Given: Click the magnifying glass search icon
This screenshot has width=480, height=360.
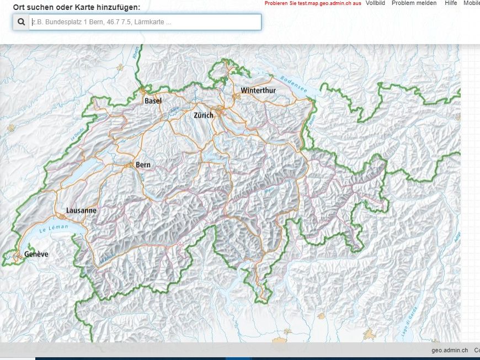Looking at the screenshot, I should (x=21, y=22).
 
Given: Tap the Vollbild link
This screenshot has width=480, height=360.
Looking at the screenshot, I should (x=375, y=3).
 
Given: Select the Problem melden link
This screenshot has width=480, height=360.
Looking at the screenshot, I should (x=414, y=3).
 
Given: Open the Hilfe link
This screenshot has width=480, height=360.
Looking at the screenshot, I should (x=451, y=3).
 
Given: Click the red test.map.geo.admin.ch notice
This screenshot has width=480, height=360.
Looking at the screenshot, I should (x=313, y=3).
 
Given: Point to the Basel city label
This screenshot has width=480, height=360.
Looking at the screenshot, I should (x=153, y=101).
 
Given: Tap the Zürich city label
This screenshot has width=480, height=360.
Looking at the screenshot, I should (x=203, y=115).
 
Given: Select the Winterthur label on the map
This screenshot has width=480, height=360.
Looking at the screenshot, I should (x=258, y=90).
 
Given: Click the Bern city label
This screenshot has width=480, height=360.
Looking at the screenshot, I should (x=143, y=165).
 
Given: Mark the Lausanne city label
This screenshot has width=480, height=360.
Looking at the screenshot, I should (x=81, y=210).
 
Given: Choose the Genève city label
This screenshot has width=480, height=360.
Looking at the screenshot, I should (x=36, y=254).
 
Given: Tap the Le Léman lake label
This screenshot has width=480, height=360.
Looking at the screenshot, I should (x=54, y=227).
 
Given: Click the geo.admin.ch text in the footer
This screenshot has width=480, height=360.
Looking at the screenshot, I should (x=450, y=350).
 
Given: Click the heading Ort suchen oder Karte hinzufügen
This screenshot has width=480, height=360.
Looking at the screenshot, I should (x=77, y=7).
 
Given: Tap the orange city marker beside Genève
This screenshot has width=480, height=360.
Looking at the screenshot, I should (x=19, y=255).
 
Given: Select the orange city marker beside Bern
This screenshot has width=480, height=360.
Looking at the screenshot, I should (x=131, y=165).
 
